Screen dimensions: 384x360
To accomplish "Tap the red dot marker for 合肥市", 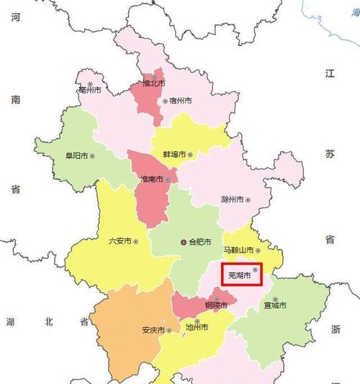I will point(184,242).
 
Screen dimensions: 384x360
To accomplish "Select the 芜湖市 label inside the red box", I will point(239,275).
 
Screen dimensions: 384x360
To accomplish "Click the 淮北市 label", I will point(153,83).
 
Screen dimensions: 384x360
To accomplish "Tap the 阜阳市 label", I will point(75,155).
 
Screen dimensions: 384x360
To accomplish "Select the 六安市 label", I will point(120,242).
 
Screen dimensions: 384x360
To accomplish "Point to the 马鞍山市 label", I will point(237,250).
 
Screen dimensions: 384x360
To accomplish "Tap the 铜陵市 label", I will point(215,306).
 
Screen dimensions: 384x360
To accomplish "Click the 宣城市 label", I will point(274,306).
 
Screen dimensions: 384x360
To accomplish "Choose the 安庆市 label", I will point(154,331).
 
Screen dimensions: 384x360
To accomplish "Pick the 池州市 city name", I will point(196,327).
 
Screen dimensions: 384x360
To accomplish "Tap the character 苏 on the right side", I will point(330,154).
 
